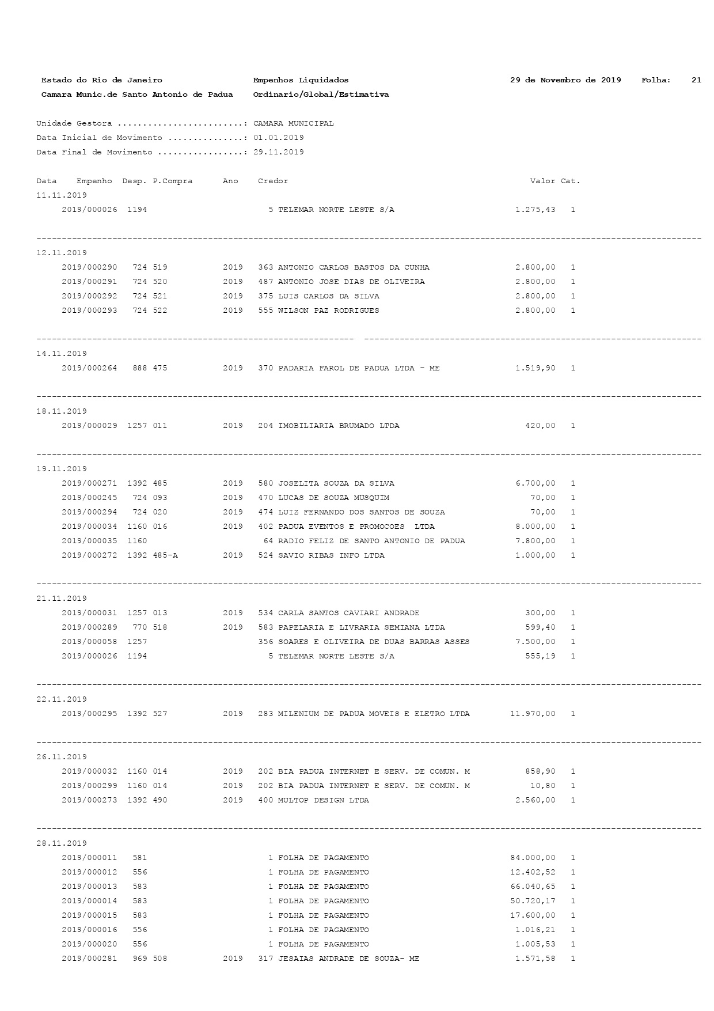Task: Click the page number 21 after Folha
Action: coord(696,80)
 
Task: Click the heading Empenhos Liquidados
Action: coord(301,80)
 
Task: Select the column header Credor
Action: coord(273,181)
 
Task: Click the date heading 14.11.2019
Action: coord(62,354)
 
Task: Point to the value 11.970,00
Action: coord(533,714)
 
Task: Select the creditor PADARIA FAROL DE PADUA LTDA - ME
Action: coord(358,368)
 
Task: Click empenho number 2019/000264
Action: coord(89,368)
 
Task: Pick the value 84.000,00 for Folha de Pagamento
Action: coord(533,858)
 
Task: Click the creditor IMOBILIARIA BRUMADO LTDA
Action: coord(339,426)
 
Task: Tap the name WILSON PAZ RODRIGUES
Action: coord(328,311)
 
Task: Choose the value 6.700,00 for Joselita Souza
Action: coord(535,483)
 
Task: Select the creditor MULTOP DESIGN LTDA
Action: coord(323,800)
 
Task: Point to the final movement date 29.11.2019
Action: coord(279,152)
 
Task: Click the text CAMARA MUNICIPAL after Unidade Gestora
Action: coord(293,123)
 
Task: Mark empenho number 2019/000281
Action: coord(89,959)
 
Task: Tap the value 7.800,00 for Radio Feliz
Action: coord(535,541)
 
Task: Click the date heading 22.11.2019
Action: coord(62,699)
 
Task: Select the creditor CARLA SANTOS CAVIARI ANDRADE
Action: coord(348,613)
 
